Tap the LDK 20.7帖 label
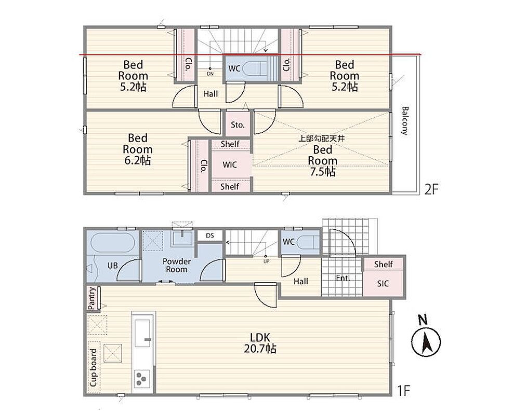point(260,343)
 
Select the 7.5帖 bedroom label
point(323,161)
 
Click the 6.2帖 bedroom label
point(137,149)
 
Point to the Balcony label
point(405,120)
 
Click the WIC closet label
point(229,164)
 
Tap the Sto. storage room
point(238,125)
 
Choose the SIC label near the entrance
point(383,283)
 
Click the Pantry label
point(93,298)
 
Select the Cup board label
point(94,368)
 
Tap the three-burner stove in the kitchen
point(142,379)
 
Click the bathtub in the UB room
point(112,243)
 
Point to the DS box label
point(210,236)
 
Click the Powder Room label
point(177,266)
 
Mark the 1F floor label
point(403,390)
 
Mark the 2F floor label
point(431,189)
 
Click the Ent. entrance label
point(343,278)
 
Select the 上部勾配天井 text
point(322,139)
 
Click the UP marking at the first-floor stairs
point(266,261)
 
